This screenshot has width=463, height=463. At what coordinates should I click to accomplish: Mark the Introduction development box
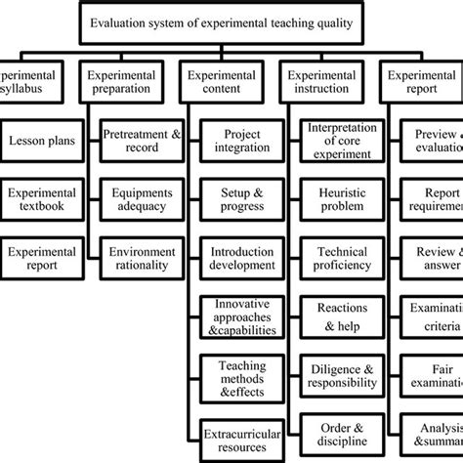(x=235, y=258)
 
